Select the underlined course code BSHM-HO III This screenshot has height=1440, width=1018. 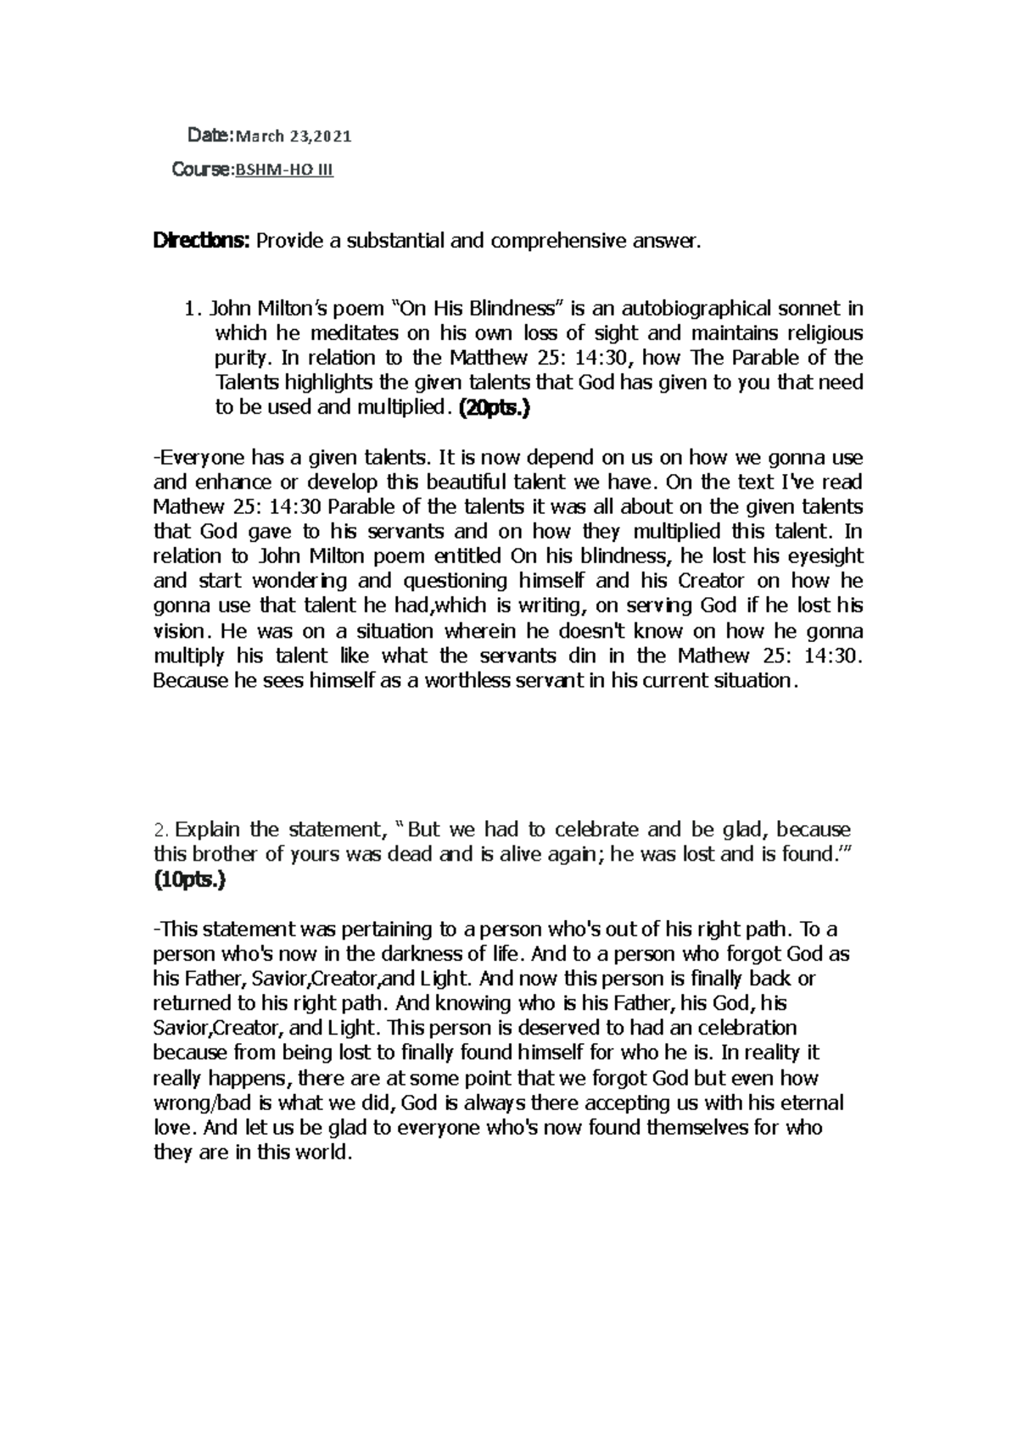pos(284,170)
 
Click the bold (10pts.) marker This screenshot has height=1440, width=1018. pos(190,880)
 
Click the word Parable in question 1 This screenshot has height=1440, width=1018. pos(753,357)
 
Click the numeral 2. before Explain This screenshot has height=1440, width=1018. pos(163,830)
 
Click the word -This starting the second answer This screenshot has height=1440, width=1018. pos(175,929)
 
